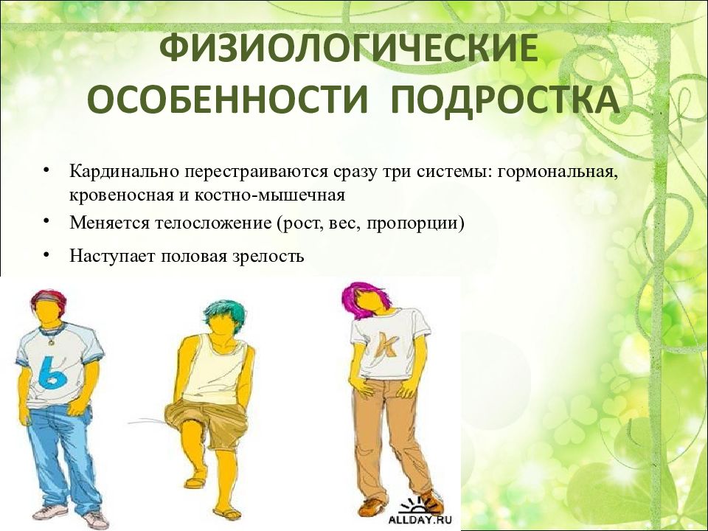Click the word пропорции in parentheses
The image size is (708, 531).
[x=425, y=222]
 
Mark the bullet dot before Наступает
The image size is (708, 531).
[x=46, y=254]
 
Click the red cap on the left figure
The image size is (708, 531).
[x=48, y=298]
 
